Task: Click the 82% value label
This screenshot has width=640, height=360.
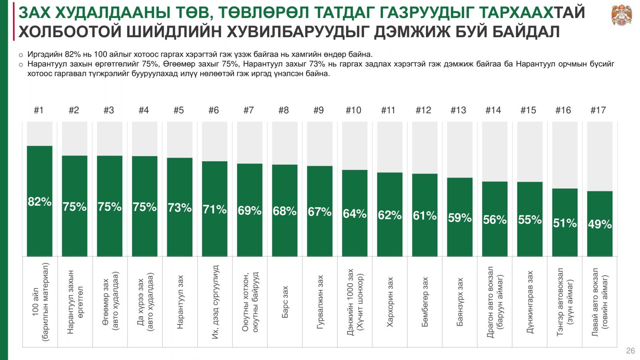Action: (40, 202)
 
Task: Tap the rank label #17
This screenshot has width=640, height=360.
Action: (598, 110)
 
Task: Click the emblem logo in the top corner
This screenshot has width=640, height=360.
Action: (622, 15)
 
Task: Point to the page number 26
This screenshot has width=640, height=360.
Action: (630, 351)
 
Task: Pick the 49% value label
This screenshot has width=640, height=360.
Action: (600, 224)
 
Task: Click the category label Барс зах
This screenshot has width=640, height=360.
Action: (285, 302)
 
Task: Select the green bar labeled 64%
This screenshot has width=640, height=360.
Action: (354, 236)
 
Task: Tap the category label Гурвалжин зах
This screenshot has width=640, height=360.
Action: (320, 302)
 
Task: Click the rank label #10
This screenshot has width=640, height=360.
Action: (353, 110)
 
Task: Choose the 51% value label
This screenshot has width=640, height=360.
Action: (565, 223)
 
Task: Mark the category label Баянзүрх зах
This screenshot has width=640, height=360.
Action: (460, 302)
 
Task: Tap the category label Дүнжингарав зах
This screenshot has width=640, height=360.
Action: (530, 302)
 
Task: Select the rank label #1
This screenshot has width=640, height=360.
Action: (39, 110)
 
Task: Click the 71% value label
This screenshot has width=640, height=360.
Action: (214, 209)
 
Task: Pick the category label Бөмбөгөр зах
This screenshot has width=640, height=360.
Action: (425, 302)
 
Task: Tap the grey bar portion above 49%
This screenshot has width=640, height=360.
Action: (600, 156)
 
